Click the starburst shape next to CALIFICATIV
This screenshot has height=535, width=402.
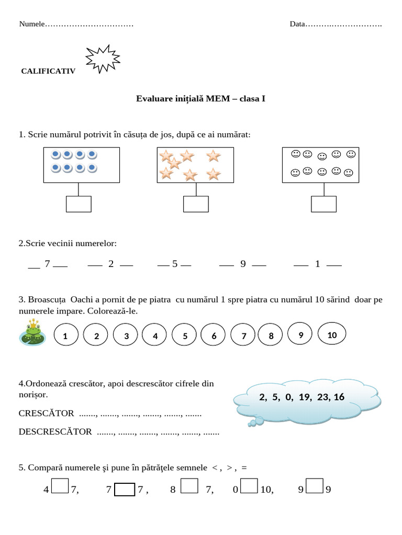tap(103, 59)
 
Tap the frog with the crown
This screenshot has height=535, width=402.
tap(32, 333)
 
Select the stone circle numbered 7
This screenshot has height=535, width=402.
tap(244, 336)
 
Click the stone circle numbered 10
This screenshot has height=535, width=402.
tap(332, 335)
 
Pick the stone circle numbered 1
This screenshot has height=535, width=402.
tap(65, 336)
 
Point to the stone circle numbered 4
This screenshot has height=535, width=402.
tap(155, 336)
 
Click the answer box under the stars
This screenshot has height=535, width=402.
tap(196, 204)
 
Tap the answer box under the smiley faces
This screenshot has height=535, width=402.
tap(323, 204)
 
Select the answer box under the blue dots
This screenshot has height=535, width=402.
tap(79, 204)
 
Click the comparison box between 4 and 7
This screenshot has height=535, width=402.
tap(60, 486)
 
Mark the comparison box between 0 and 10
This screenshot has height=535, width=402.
tap(249, 486)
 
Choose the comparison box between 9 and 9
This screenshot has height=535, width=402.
tap(314, 486)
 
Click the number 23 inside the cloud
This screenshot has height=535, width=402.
tap(322, 397)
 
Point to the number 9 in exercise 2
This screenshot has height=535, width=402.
tap(243, 264)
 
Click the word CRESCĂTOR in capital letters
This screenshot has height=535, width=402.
tap(46, 413)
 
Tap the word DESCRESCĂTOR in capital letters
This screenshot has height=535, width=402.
tap(55, 432)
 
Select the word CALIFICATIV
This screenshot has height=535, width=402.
tap(48, 71)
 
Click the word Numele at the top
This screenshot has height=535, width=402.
tap(32, 24)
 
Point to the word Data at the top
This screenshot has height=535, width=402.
tap(297, 24)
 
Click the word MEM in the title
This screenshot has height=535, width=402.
tap(218, 98)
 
